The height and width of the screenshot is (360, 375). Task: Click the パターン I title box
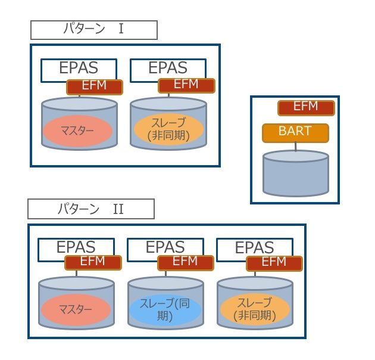94,29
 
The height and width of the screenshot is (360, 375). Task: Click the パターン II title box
91,209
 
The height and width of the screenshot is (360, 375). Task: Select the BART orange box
295,132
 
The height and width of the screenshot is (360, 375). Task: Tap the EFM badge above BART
306,108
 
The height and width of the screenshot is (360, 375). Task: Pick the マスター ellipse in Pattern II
76,311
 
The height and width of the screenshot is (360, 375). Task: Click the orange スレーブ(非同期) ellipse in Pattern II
254,309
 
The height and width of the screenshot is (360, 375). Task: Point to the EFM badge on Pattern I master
95,86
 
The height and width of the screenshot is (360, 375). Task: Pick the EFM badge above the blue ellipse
185,262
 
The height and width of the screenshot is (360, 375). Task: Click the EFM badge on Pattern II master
93,262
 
